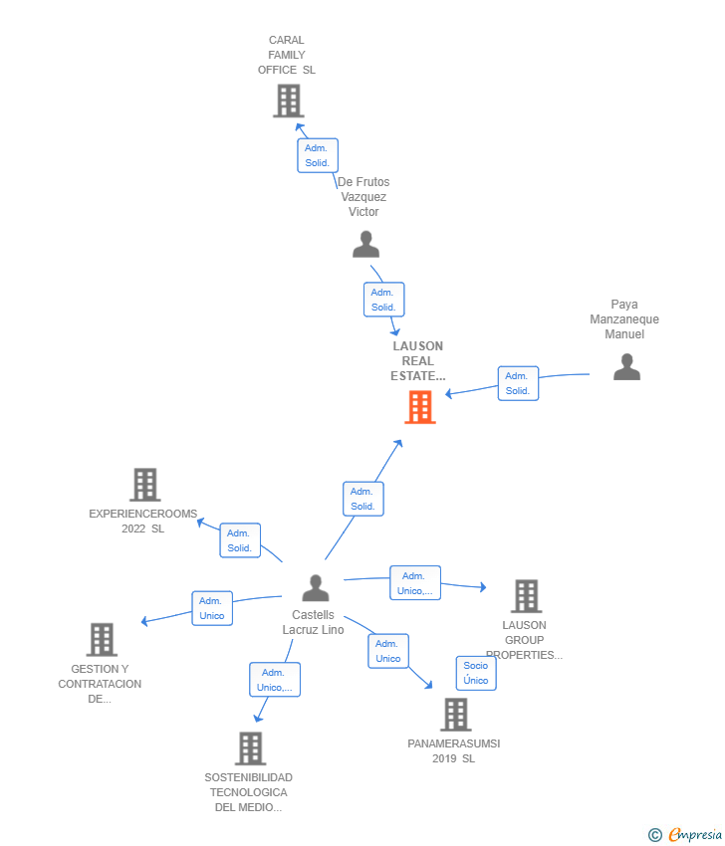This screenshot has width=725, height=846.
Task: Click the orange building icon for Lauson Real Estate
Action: pos(420,407)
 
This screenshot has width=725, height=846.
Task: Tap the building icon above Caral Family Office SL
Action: pos(289,101)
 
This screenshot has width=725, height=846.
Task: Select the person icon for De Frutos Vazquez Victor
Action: pos(366,245)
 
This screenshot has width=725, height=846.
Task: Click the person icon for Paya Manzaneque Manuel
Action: pos(626,367)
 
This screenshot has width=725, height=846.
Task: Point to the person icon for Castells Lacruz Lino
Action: pos(316,588)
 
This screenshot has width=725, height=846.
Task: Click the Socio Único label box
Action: pos(476,673)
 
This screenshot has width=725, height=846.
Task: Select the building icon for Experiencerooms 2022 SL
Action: pos(145,485)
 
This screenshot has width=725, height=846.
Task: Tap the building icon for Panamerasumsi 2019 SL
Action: pos(456,715)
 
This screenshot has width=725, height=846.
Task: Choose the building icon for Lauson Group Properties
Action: pos(527,596)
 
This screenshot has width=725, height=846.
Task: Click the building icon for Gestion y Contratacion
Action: pos(102,640)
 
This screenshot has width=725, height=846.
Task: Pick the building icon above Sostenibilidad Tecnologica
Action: pos(251,748)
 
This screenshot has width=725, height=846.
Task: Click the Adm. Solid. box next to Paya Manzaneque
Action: pos(518,383)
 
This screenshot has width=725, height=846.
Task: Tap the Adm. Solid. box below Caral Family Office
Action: pos(318,155)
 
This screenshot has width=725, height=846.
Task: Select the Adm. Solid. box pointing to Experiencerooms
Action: pos(240,540)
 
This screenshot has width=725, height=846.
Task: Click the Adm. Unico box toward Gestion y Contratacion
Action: pos(212,608)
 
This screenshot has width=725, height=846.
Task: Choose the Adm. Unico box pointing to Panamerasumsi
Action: pos(388,651)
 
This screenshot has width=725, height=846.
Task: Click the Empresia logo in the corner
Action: pos(685,835)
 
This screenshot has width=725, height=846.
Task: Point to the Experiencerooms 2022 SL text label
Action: pos(143,522)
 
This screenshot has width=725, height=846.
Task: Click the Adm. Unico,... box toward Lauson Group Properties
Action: pos(415,582)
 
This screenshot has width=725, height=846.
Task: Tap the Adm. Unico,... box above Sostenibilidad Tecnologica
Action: pos(275,680)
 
